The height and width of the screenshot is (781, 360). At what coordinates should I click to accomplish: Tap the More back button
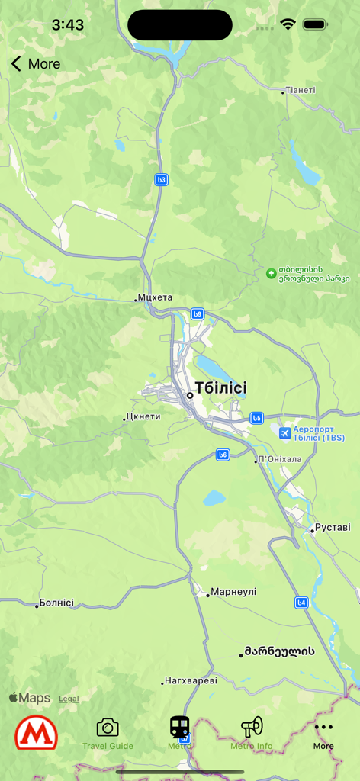point(35,64)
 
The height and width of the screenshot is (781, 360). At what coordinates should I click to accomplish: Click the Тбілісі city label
point(220,388)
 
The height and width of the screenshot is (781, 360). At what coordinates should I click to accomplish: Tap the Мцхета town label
point(155,297)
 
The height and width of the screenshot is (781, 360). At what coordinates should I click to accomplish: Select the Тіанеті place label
point(300,90)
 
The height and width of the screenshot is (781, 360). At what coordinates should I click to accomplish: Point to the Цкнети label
point(143,416)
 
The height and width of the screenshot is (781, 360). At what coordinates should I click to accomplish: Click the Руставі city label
point(334,527)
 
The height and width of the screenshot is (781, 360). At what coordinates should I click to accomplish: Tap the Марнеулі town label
point(233,592)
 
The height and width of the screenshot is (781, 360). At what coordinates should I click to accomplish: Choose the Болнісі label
point(56,603)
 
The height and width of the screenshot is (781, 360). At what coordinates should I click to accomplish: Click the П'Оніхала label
point(280,459)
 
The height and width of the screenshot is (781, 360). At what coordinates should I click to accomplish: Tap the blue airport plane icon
point(284,433)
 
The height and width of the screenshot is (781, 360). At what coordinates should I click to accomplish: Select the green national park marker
point(270,273)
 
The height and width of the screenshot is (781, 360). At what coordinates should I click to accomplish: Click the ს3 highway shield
point(161,180)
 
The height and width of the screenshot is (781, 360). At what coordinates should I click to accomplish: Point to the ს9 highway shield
point(198,313)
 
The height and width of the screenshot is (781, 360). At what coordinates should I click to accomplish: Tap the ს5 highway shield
point(257,418)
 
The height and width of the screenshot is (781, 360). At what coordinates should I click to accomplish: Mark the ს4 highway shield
point(302,603)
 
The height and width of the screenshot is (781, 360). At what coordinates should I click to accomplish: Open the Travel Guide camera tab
point(108,733)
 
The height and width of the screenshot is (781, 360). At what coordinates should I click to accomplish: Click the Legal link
point(69,699)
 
